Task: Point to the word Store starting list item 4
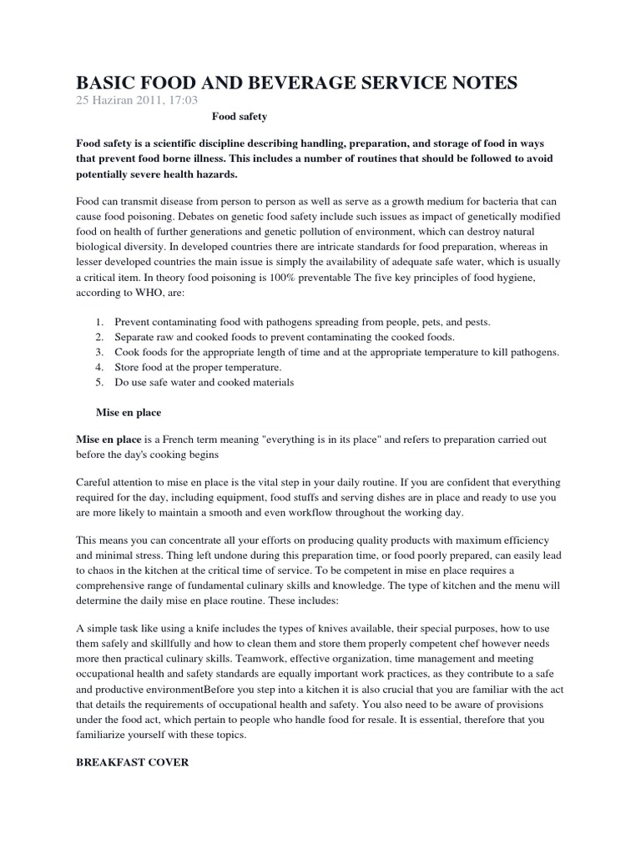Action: coord(130,367)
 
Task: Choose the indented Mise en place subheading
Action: coord(129,412)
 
